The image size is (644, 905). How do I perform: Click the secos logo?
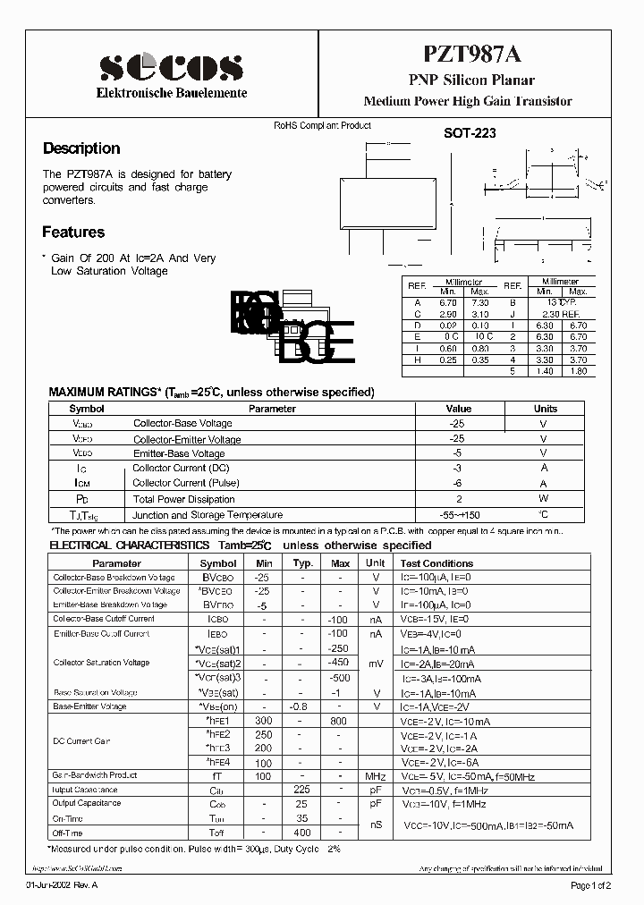point(171,67)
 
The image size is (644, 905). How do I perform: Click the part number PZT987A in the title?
point(468,57)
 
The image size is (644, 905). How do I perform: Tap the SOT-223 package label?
point(470,132)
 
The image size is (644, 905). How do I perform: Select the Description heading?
point(81,148)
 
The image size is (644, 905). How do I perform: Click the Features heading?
point(73,232)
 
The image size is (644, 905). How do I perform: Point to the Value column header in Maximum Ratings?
point(458,409)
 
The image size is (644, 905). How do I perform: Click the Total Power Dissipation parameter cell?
point(183,499)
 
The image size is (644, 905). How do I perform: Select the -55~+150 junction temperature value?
point(458,515)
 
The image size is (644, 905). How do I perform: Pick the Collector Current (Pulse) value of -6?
point(458,484)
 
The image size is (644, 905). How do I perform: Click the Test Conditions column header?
point(436,563)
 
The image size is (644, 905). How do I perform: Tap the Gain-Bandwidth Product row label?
point(95,775)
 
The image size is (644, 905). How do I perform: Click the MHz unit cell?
point(374,776)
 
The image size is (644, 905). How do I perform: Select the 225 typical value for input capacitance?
point(301,791)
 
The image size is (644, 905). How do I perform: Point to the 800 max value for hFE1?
point(340,720)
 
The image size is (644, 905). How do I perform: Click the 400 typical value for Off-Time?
point(301,833)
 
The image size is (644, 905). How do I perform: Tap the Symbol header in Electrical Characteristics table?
point(218,563)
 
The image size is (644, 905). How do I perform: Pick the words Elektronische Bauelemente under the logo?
point(172,93)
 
